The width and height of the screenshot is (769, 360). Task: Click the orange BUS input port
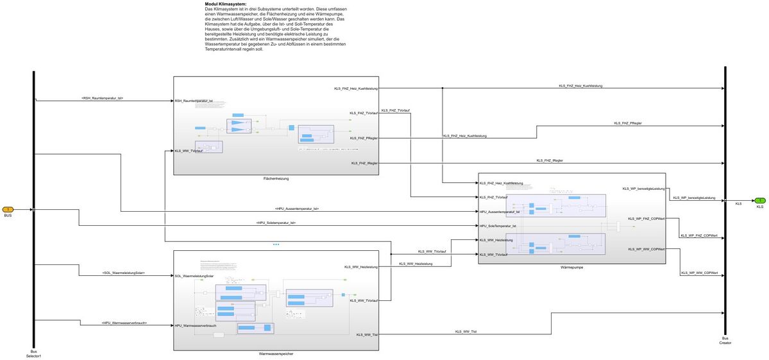point(8,209)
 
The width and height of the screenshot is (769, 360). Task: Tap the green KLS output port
point(759,201)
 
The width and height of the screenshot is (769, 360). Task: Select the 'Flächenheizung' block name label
point(276,178)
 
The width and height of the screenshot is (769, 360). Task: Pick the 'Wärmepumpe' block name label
point(571,266)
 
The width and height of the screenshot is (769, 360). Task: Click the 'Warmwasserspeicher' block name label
point(276,354)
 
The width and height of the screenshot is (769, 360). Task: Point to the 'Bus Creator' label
point(725,340)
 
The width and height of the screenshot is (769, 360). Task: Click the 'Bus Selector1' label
point(33,353)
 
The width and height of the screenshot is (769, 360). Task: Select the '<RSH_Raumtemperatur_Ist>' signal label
point(102,98)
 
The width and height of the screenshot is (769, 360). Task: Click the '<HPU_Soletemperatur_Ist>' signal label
point(275,223)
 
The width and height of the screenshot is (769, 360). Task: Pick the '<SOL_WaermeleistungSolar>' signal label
point(123,273)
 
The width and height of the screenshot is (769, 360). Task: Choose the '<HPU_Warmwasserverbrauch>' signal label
point(124,323)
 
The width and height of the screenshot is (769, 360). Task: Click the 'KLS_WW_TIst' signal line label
point(466,331)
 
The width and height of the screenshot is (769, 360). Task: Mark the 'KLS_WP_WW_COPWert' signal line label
point(698,273)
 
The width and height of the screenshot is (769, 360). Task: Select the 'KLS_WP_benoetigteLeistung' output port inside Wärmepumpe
point(643,189)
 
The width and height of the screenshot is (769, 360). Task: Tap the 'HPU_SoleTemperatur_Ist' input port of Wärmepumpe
point(498,226)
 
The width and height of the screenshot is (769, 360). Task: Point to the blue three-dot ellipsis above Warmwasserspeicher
point(276,244)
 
